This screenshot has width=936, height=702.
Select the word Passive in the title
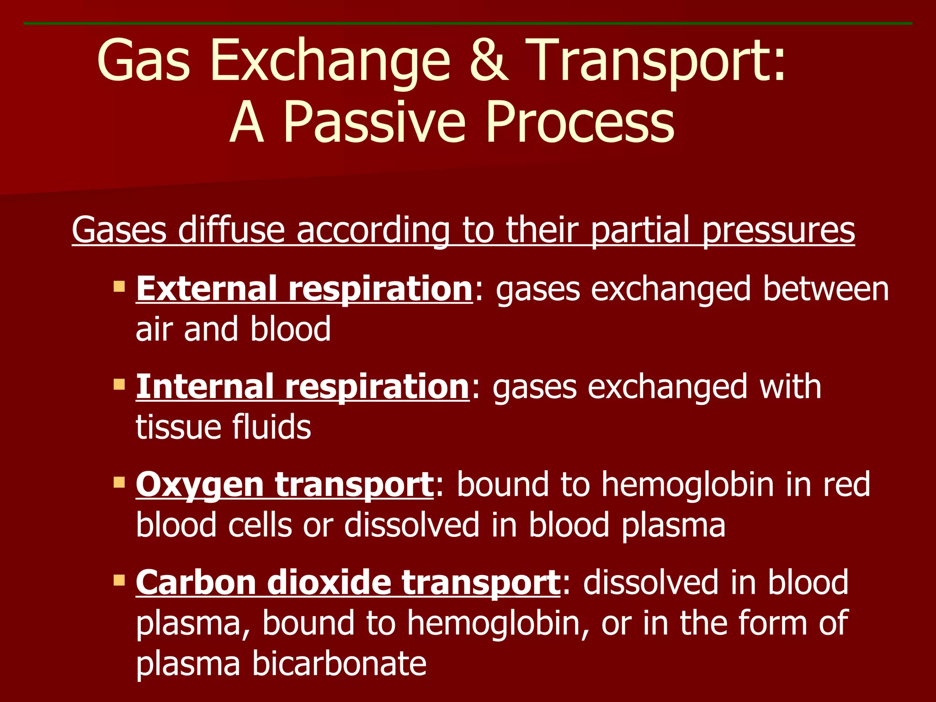(375, 122)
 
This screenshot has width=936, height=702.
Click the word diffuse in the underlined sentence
(231, 229)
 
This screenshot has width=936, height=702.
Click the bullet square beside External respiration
(119, 287)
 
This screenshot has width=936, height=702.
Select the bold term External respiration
(304, 289)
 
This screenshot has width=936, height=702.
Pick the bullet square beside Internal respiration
(119, 384)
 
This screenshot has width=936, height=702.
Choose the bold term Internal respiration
(302, 387)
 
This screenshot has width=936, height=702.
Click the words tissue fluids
(223, 427)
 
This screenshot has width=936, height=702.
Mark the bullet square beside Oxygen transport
(119, 482)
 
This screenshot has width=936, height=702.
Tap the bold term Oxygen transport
(284, 484)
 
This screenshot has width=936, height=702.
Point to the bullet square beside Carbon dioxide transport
(119, 580)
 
